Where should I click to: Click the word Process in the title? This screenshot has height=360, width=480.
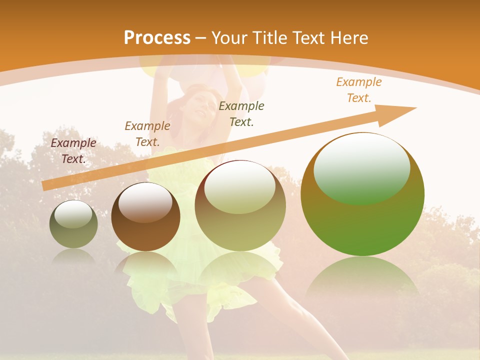click(x=157, y=38)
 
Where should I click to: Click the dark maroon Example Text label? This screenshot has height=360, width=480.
click(x=73, y=150)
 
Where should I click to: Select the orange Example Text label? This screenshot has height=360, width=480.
click(x=359, y=90)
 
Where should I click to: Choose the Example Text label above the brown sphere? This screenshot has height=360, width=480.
click(x=147, y=133)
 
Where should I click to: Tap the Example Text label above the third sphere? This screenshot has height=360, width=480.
click(x=241, y=113)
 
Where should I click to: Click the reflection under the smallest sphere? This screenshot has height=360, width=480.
click(x=73, y=256)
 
